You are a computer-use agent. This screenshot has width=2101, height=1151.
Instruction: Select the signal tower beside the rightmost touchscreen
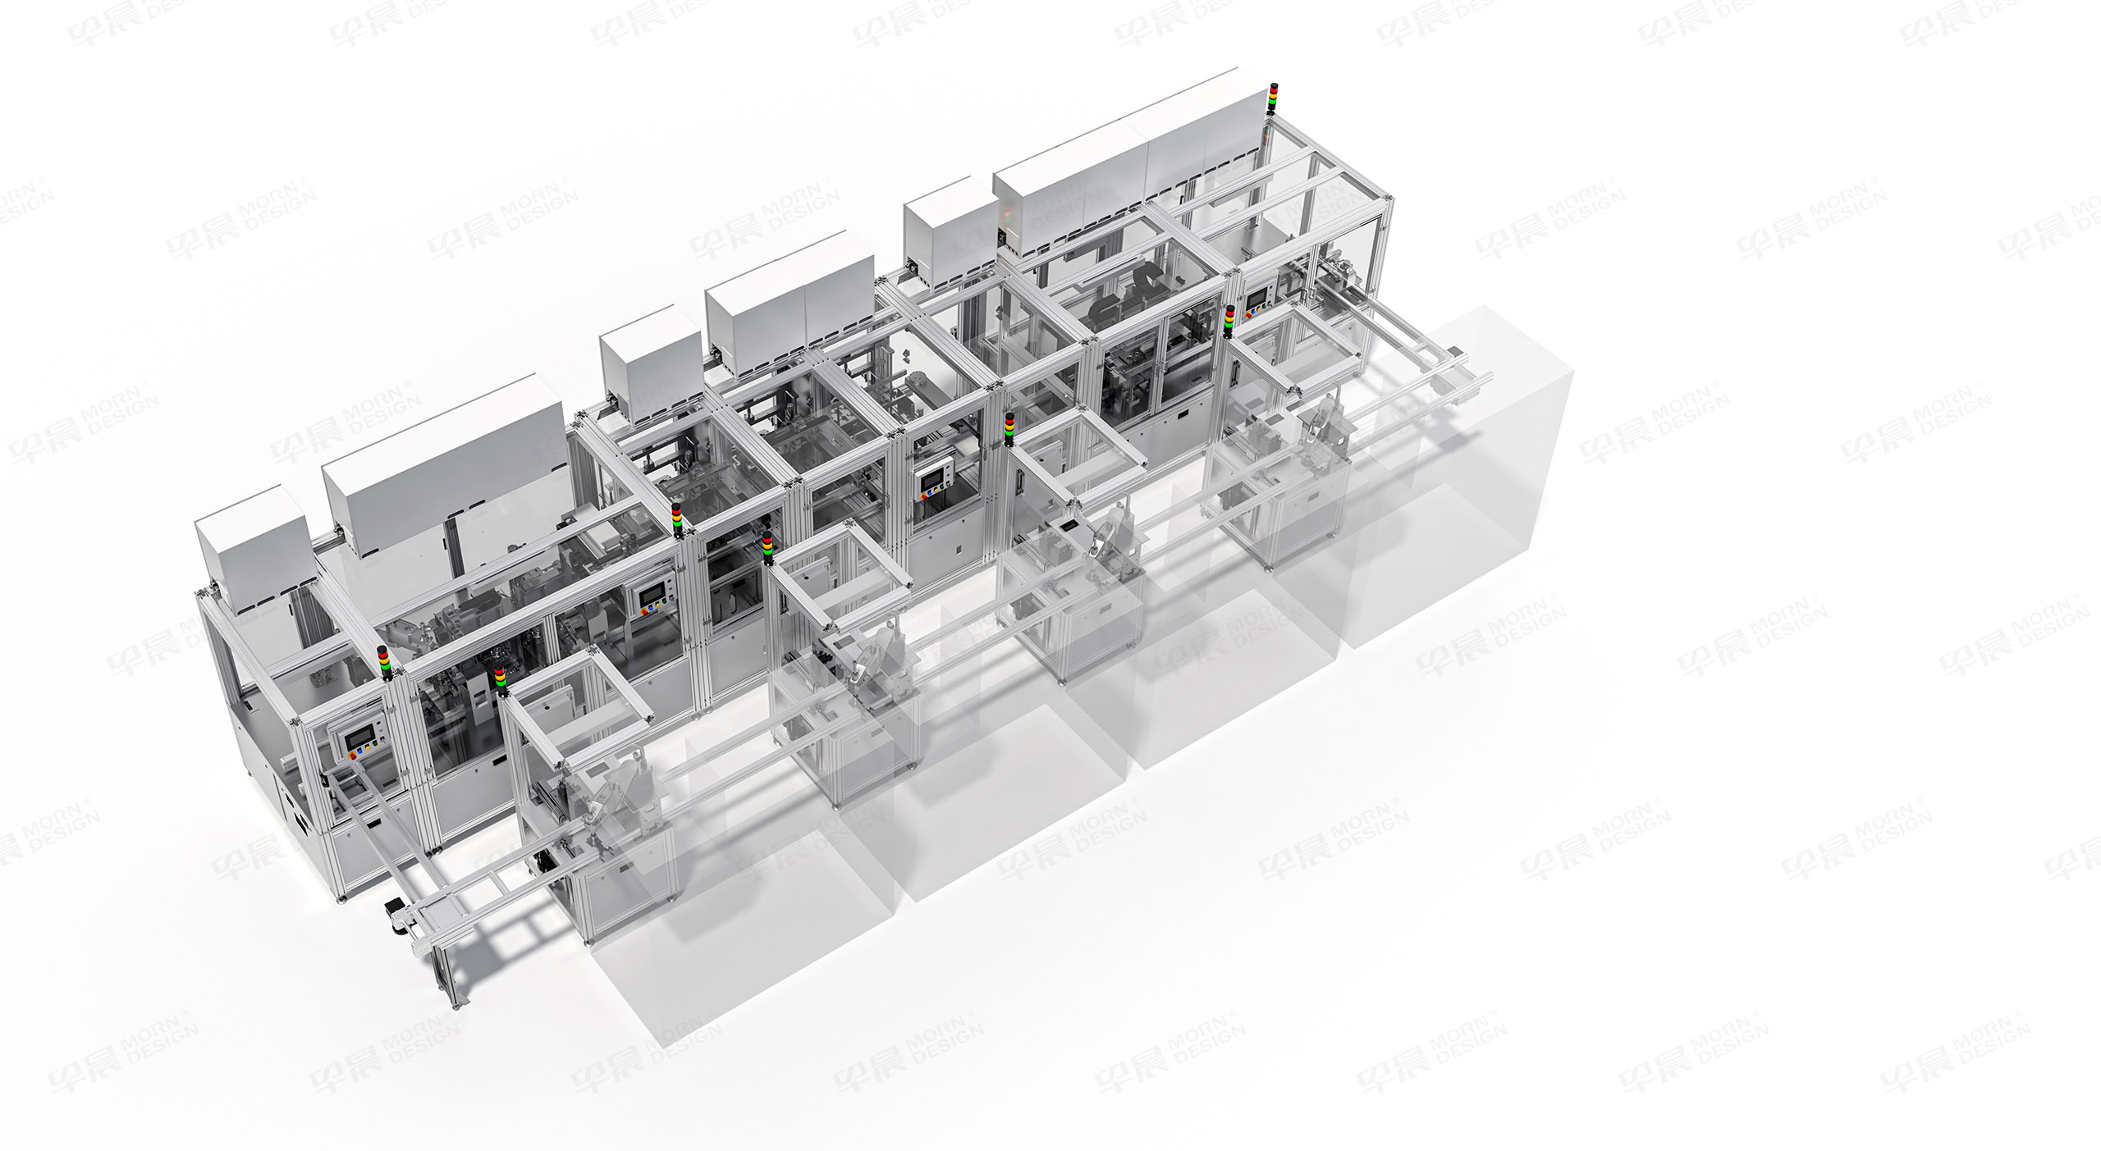coord(1229,321)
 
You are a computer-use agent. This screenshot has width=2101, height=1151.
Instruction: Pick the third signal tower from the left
coord(676,518)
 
